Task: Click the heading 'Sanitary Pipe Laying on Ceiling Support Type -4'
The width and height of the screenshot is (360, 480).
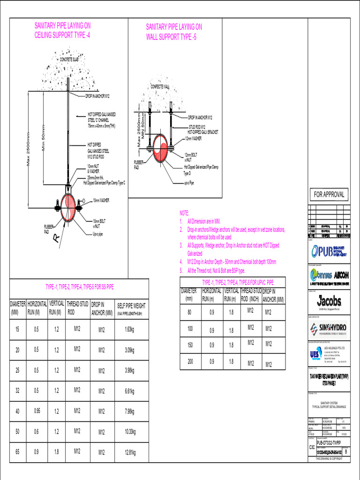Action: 62,30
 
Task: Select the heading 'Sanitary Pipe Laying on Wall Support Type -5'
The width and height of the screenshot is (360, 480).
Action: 174,32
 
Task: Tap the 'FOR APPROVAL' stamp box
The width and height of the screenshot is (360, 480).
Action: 329,194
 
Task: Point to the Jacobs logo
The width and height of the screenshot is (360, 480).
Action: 330,300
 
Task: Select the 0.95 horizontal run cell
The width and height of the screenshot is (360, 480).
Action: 37,411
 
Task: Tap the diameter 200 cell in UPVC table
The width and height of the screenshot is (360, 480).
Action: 190,361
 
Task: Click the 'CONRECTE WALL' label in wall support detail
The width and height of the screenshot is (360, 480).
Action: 160,87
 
